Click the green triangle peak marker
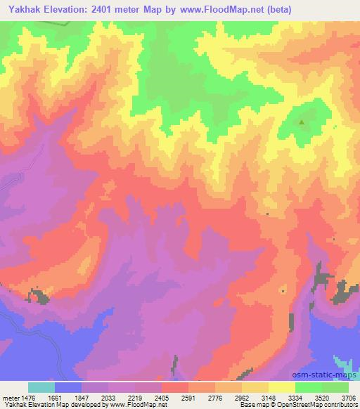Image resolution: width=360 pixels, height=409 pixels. coord(302,122)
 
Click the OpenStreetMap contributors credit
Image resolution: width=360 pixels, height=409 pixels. coord(321,405)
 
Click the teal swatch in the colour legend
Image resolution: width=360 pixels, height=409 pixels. coord(41,387)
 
